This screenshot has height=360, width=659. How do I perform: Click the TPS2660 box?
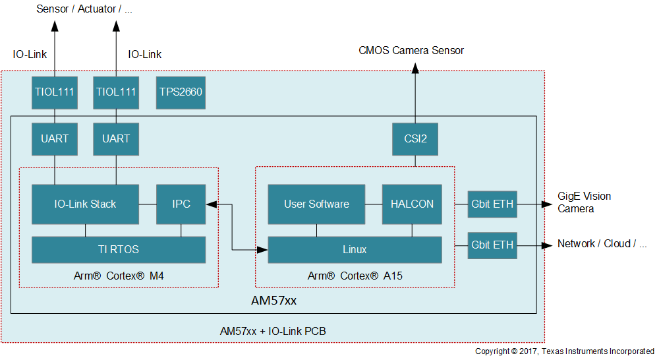181,93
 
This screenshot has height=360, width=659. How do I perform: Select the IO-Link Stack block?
85,204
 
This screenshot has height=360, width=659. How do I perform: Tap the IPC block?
181,204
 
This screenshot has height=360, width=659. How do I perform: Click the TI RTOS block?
119,249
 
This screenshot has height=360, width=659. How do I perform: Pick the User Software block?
316,204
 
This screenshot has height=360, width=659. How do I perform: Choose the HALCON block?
412,204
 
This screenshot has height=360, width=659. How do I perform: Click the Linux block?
355,249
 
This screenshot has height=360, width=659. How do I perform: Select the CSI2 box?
415,139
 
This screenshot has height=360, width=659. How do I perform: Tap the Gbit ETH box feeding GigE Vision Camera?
492,204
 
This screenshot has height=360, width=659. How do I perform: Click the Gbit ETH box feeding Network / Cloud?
492,245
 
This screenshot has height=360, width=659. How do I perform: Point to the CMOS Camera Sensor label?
411,51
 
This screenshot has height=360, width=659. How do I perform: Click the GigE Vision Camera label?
585,202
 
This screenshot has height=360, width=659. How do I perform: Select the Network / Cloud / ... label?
602,244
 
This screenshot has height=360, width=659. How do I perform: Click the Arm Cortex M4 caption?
119,276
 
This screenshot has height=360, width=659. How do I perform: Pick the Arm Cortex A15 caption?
355,276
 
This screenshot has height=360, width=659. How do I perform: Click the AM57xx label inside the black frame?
273,301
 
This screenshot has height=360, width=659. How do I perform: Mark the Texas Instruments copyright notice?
565,351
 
